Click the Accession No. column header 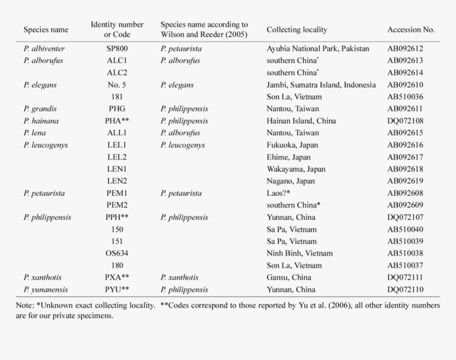tap(410, 30)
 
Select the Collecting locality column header tap(296, 30)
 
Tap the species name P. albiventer tap(44, 48)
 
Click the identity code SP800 tap(117, 48)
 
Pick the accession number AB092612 tap(405, 48)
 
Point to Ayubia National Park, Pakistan tap(318, 48)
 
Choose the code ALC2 tap(117, 73)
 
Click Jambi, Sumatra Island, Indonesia tap(321, 85)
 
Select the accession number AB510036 tap(405, 96)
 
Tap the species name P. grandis tap(40, 109)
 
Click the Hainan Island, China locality tap(301, 121)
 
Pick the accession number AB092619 tap(405, 181)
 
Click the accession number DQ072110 tap(405, 289)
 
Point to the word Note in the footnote tap(24, 305)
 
